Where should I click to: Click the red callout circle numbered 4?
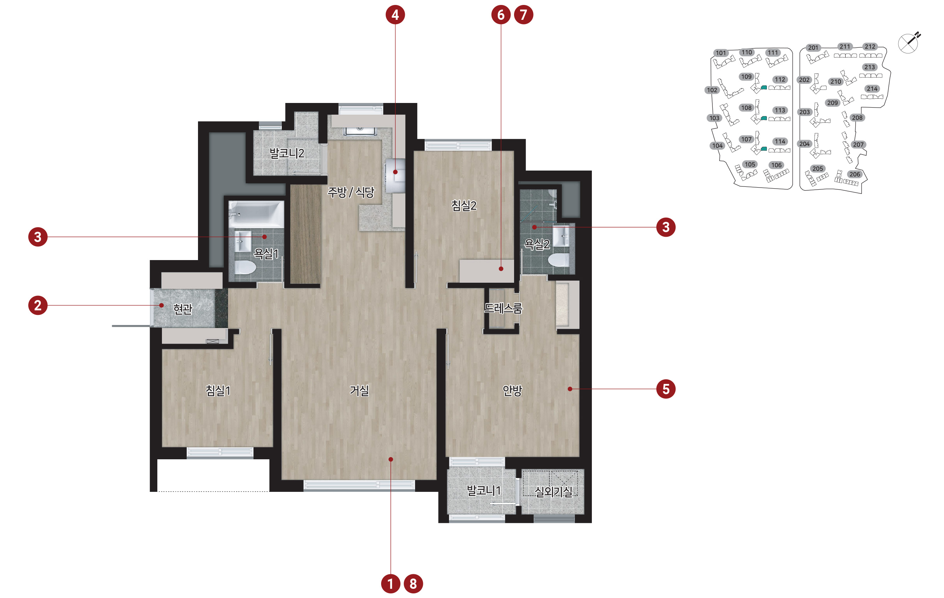pyautogui.click(x=395, y=15)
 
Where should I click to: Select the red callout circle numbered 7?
pyautogui.click(x=523, y=15)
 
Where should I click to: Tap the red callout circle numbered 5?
pyautogui.click(x=666, y=389)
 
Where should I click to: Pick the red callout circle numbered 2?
pyautogui.click(x=37, y=305)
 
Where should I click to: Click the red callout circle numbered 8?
pyautogui.click(x=413, y=583)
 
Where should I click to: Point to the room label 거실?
pyautogui.click(x=359, y=390)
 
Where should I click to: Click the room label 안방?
pyautogui.click(x=512, y=390)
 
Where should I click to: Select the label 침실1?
pyautogui.click(x=218, y=390)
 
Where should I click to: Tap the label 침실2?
pyautogui.click(x=464, y=205)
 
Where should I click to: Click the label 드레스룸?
pyautogui.click(x=503, y=309)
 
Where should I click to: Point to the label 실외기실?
pyautogui.click(x=554, y=491)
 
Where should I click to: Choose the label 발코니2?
pyautogui.click(x=287, y=153)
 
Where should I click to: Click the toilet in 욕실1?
pyautogui.click(x=245, y=267)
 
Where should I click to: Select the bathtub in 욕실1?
pyautogui.click(x=256, y=214)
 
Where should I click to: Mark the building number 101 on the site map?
pyautogui.click(x=721, y=53)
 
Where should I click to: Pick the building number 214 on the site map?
pyautogui.click(x=872, y=89)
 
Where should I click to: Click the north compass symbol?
pyautogui.click(x=909, y=43)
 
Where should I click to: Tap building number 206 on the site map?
pyautogui.click(x=855, y=174)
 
